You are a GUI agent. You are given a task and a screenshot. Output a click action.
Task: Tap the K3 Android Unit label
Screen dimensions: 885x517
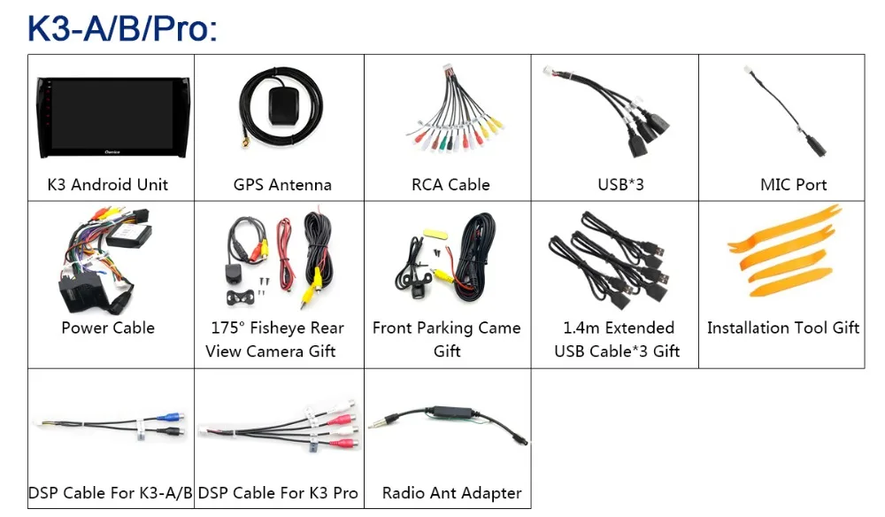[108, 185]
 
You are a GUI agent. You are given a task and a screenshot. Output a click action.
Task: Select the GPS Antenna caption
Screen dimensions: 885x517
[282, 185]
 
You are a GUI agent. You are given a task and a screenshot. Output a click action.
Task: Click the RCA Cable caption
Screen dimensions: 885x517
[450, 185]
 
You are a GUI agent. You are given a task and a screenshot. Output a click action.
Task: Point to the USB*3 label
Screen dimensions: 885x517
[620, 185]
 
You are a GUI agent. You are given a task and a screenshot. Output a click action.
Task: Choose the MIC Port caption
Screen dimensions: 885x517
[793, 185]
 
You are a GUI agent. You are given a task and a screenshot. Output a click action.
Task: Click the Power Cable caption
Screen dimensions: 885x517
[108, 328]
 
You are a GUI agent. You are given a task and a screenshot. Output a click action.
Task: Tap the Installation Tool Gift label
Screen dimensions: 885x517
[783, 328]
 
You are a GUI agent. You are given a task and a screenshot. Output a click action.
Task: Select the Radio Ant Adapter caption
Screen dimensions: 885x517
[451, 493]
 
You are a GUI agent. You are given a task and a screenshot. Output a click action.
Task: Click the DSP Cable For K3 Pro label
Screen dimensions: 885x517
[278, 493]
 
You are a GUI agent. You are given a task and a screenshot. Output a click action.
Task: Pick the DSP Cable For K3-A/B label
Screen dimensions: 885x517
[111, 493]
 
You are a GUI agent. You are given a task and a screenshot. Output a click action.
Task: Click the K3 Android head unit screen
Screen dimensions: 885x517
[112, 115]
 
